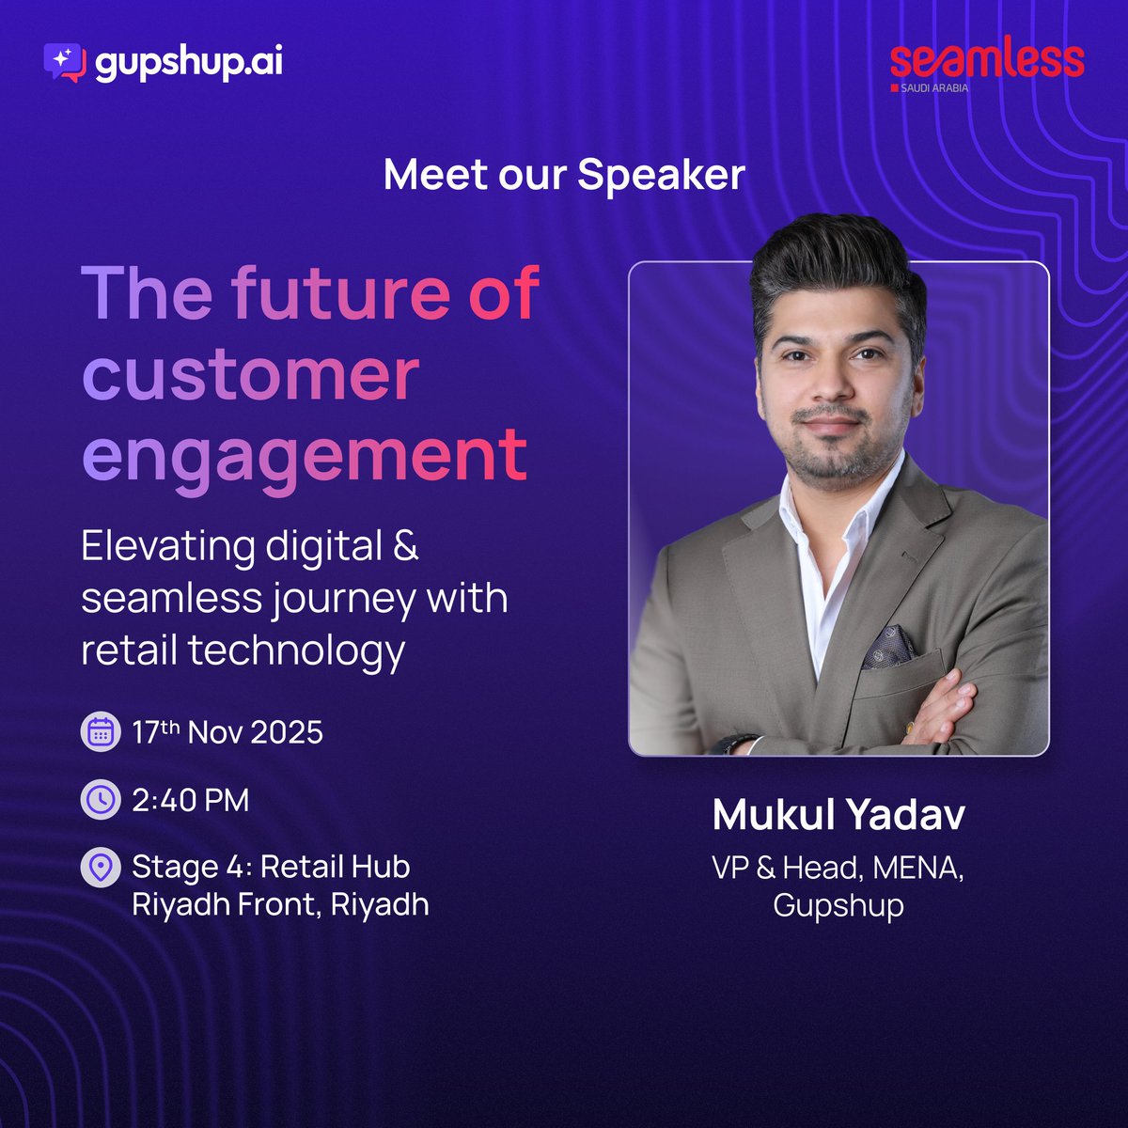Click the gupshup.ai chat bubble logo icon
click(x=65, y=61)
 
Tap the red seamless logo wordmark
click(x=986, y=60)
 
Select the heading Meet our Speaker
click(x=564, y=175)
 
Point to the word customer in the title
click(x=250, y=375)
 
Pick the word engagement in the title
click(x=305, y=456)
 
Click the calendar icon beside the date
click(x=101, y=732)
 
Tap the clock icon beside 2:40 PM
click(x=101, y=800)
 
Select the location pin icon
click(x=101, y=867)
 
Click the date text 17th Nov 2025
click(x=227, y=732)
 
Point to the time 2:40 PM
click(x=191, y=801)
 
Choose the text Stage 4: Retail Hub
click(x=271, y=867)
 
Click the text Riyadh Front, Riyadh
click(x=280, y=904)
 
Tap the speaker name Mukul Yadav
click(x=838, y=815)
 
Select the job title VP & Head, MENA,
click(x=838, y=868)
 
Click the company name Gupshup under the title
click(x=838, y=905)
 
